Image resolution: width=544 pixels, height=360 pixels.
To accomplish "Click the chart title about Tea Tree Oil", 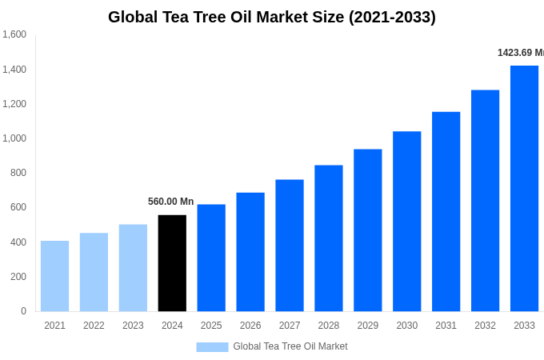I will point(272,17).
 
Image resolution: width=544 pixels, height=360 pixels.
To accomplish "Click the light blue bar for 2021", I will point(54,276).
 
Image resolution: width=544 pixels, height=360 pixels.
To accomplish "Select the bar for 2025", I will point(211,258).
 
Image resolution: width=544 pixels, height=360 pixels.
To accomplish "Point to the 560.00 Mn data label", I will point(170,202).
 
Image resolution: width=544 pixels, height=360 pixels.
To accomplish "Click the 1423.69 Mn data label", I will point(520,53).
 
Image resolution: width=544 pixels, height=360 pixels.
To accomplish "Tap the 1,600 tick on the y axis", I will point(14,34).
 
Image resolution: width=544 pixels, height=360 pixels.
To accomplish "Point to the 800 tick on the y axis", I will point(18,173).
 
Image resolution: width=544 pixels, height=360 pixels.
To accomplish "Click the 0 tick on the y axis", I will point(23,311).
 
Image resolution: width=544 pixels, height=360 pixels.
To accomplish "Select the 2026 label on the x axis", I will point(250,326).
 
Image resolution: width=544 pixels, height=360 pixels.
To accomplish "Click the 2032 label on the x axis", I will point(485,326).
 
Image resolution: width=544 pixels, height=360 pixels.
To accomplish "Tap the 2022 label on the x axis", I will point(94,326).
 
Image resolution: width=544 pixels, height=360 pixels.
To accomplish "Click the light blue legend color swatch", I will point(212,347).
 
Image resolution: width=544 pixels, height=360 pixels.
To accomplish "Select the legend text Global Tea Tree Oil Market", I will point(290,346).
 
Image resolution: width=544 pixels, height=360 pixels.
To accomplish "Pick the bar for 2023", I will point(133,268).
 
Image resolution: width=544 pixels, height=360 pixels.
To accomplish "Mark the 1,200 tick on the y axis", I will point(14,104).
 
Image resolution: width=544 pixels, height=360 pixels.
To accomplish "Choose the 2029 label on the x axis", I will point(368,326).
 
